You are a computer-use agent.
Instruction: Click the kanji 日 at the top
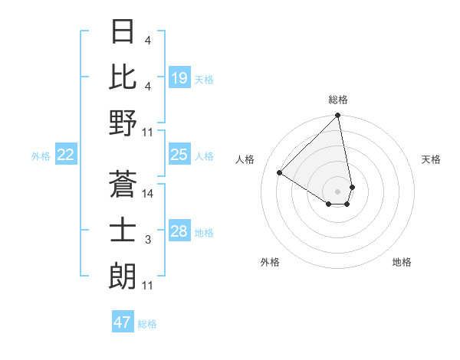tap(123, 32)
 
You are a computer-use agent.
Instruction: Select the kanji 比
tap(123, 77)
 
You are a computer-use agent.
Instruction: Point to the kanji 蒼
tap(123, 184)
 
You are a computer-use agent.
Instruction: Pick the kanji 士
tap(123, 230)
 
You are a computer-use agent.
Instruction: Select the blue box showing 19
tap(179, 78)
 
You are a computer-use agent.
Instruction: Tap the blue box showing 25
tap(179, 155)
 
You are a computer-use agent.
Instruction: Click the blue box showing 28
tap(179, 232)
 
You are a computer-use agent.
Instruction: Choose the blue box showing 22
tap(66, 155)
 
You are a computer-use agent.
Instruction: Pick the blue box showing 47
tap(123, 322)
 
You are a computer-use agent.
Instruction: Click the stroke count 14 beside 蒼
tap(148, 194)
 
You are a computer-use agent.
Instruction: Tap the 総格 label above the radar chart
tap(338, 100)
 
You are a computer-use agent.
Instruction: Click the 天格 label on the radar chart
tap(432, 159)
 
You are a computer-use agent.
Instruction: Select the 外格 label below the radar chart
tap(270, 262)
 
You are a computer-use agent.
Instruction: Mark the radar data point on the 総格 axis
tap(337, 116)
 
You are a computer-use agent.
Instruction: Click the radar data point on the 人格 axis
tap(280, 172)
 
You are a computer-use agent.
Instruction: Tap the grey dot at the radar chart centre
tap(337, 191)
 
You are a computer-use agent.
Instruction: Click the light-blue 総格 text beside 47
tap(147, 324)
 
